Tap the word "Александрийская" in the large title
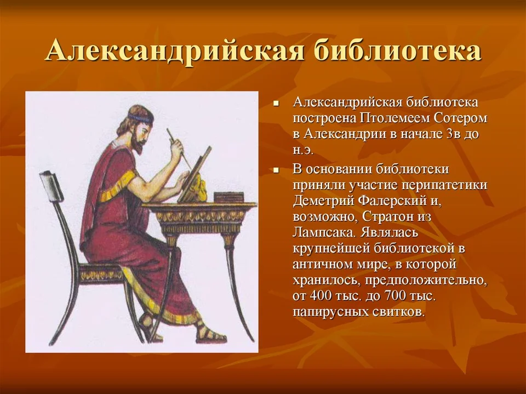(x=175, y=52)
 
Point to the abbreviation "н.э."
(x=303, y=150)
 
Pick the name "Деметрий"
(x=324, y=201)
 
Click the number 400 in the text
(x=322, y=296)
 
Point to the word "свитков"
(x=399, y=312)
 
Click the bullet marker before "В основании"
(x=276, y=170)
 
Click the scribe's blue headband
(x=138, y=118)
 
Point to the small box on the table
(x=229, y=197)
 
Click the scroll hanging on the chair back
(x=50, y=186)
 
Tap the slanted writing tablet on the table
(x=195, y=174)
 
